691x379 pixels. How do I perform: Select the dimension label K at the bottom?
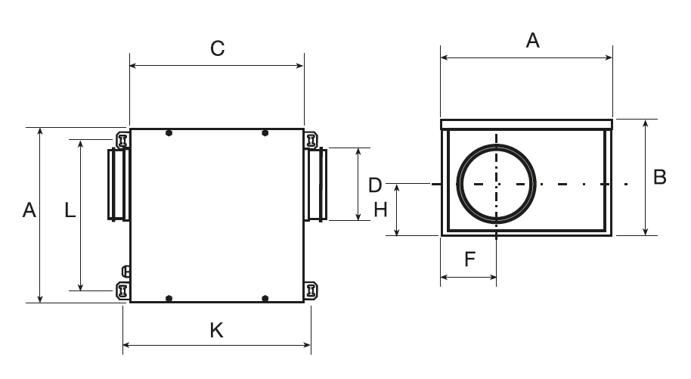tap(216, 331)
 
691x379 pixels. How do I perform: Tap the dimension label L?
tap(70, 210)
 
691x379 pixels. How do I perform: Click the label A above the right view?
tap(532, 42)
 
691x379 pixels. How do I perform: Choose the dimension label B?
tap(659, 178)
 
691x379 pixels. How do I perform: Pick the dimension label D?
tap(376, 185)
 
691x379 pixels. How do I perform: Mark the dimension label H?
tap(381, 210)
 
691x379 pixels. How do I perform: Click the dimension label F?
tap(469, 259)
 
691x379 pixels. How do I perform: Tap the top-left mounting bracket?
tap(122, 140)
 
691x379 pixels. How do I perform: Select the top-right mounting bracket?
tap(311, 140)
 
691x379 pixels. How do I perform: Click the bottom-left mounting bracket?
tap(122, 290)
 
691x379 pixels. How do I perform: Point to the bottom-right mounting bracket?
tap(311, 290)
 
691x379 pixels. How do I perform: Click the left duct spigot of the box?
tap(118, 184)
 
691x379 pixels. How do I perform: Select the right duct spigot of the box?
tap(316, 184)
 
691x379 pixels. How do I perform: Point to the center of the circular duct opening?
tap(497, 184)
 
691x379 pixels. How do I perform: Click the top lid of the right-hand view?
tap(525, 123)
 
